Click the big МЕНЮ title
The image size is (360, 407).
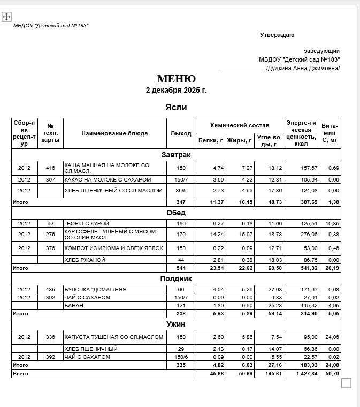tap(176, 79)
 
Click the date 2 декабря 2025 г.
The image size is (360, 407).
tap(176, 90)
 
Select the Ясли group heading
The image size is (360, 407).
tap(176, 107)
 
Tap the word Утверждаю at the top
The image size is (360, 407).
tap(277, 35)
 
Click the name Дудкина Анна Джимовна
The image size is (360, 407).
tap(303, 68)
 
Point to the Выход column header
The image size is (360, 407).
tap(181, 133)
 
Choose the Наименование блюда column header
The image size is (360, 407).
tap(114, 133)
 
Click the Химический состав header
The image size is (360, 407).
tap(239, 125)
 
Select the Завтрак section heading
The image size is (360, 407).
tap(176, 155)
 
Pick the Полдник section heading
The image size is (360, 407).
tap(176, 278)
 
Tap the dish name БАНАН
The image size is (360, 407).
tap(74, 305)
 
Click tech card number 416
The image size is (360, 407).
tap(51, 168)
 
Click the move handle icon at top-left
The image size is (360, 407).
tap(7, 17)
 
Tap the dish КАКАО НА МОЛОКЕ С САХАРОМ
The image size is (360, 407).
tap(108, 179)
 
